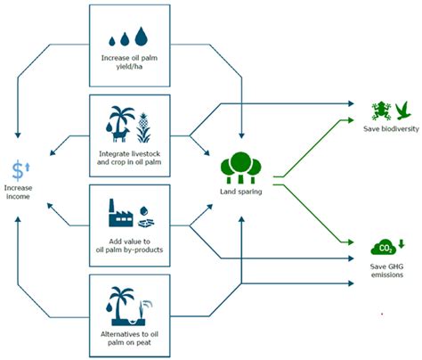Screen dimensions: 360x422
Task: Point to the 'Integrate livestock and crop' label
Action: click(x=134, y=156)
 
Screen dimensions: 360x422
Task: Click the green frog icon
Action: click(x=381, y=111)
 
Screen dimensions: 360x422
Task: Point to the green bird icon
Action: click(x=403, y=110)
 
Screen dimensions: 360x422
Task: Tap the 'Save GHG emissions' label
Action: click(x=392, y=269)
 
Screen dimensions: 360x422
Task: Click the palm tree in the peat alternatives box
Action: click(x=122, y=297)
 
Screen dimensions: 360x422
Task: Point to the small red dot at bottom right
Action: click(x=382, y=314)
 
